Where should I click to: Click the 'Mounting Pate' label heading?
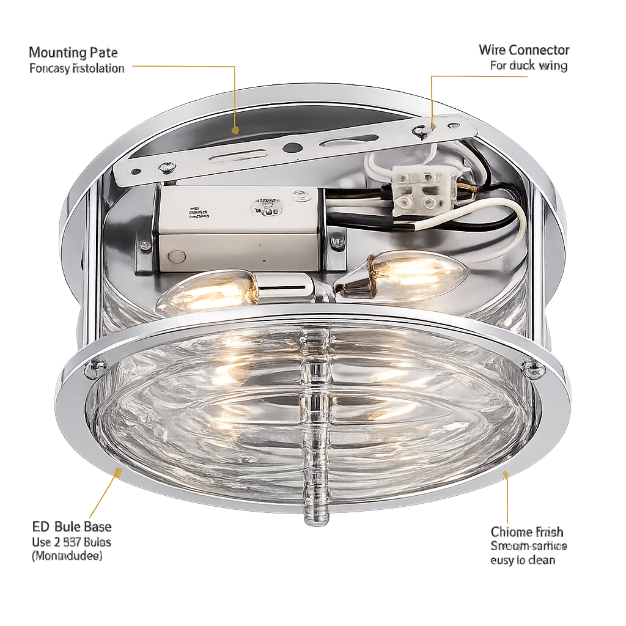(73, 53)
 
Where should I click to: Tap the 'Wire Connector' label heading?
(524, 50)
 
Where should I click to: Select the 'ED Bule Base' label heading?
(72, 527)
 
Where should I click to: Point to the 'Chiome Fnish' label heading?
(527, 532)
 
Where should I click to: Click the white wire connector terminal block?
(424, 190)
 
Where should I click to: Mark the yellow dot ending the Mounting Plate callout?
(235, 130)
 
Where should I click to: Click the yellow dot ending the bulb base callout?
(118, 471)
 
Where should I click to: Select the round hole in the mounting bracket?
(292, 147)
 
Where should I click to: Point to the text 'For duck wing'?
(529, 65)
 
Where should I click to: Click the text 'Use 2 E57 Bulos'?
(72, 542)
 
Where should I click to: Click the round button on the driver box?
(176, 257)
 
